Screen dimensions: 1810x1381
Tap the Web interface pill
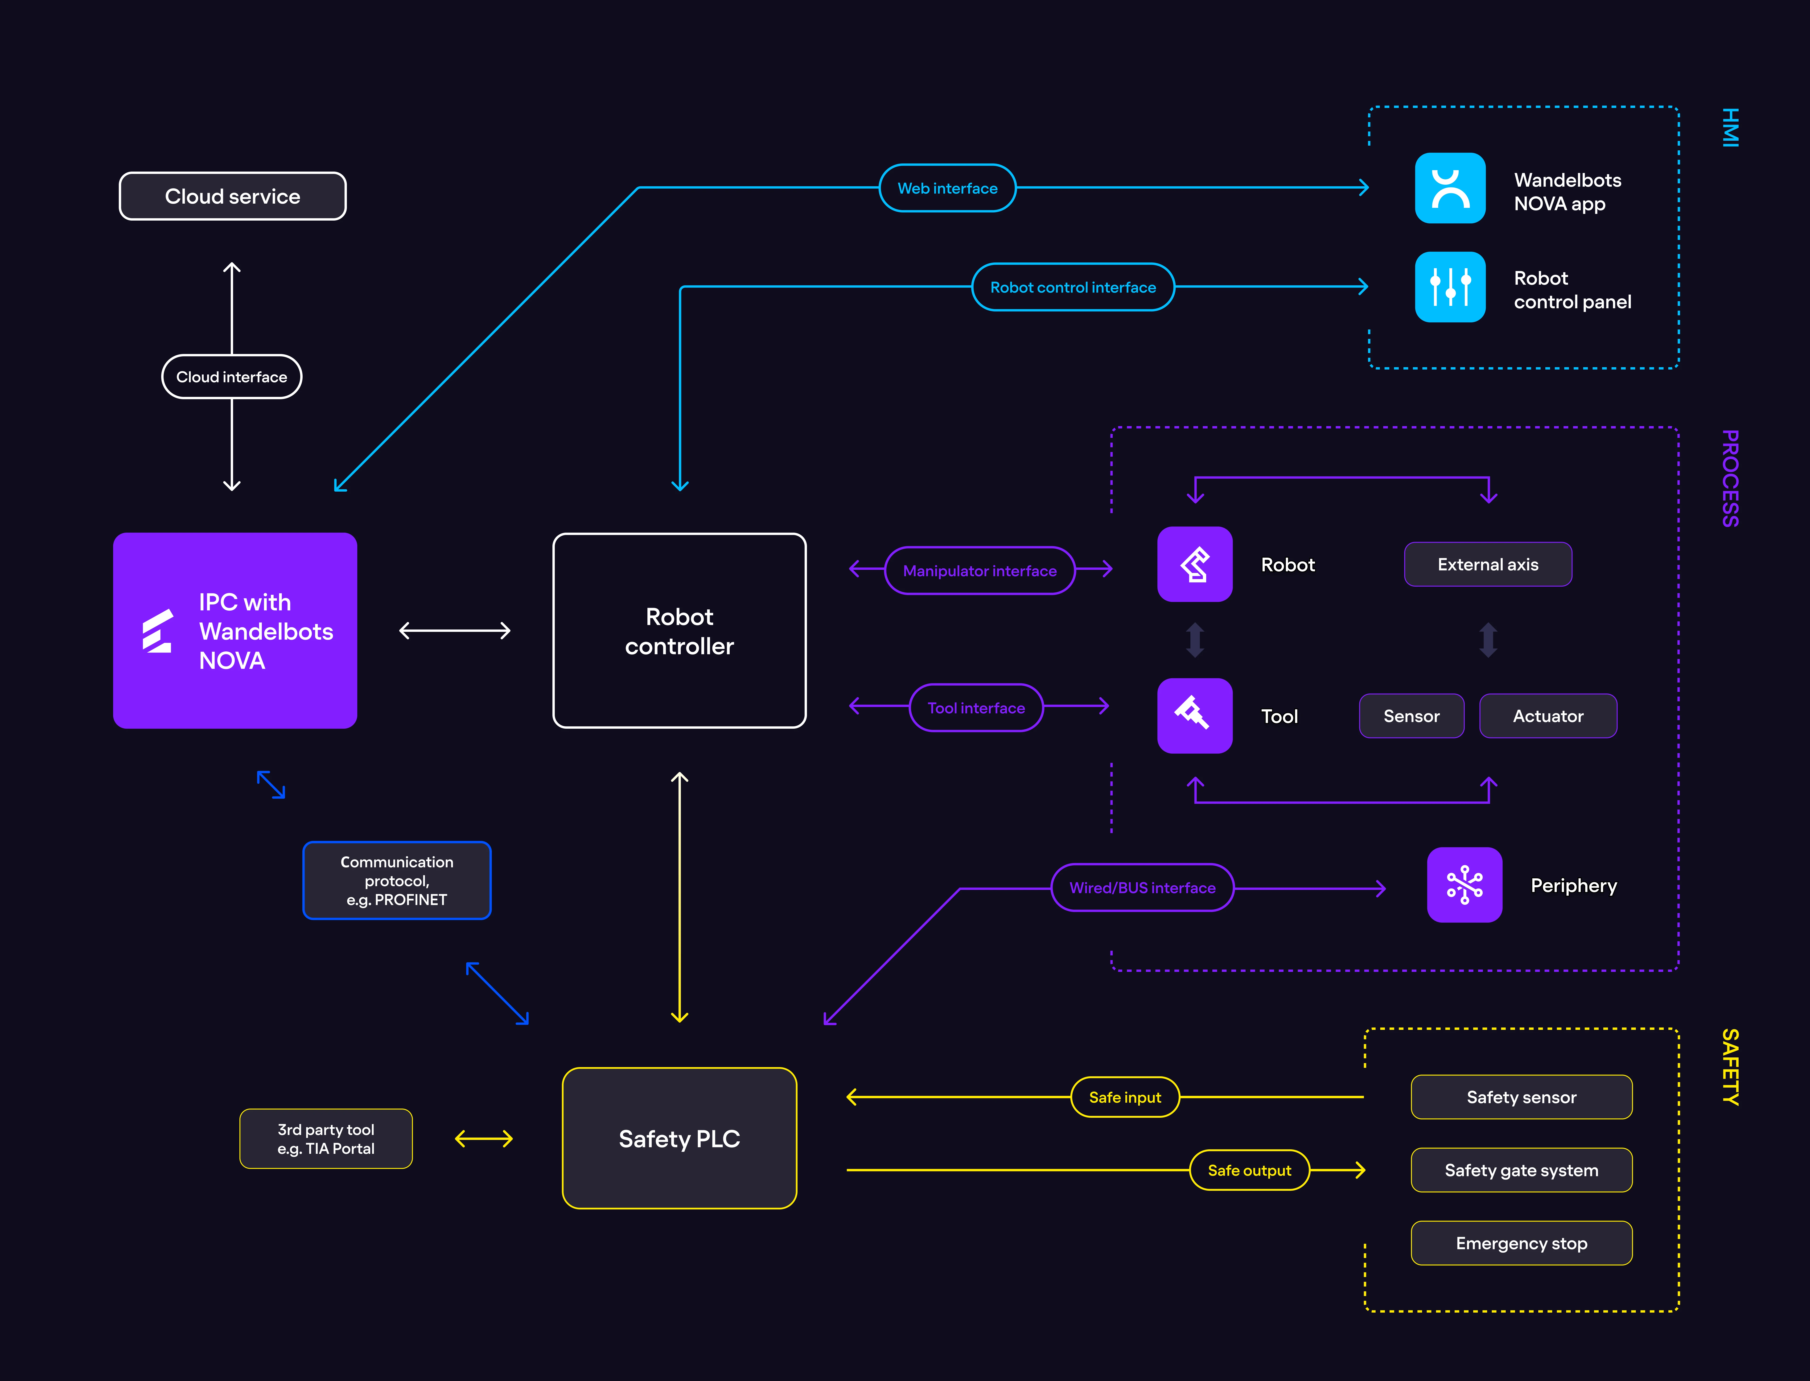(x=948, y=188)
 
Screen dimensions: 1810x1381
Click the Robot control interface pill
(x=1073, y=287)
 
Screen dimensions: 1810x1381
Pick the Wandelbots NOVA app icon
(x=1450, y=188)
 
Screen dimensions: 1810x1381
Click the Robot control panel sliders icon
(x=1450, y=287)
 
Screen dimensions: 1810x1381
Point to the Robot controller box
(x=680, y=630)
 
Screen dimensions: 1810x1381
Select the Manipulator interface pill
(x=980, y=571)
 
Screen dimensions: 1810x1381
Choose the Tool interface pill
(x=976, y=708)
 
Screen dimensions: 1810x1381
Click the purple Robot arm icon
(x=1195, y=564)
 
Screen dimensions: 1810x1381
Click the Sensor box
(x=1411, y=716)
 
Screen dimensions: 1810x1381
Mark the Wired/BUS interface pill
(x=1143, y=888)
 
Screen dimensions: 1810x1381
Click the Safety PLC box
(x=680, y=1139)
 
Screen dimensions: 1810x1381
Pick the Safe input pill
(x=1125, y=1097)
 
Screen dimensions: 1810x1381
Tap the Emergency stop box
(x=1522, y=1243)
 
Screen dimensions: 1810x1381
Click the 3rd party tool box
(x=326, y=1139)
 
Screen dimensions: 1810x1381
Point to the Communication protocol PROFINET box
(x=397, y=880)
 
